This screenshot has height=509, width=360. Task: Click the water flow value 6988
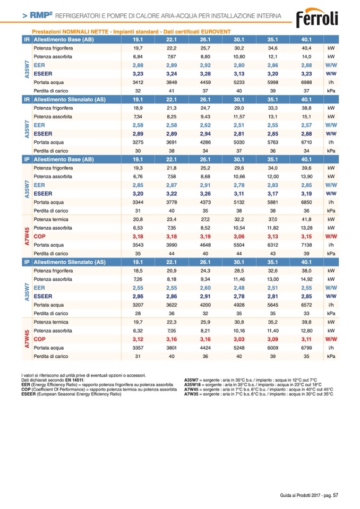[307, 83]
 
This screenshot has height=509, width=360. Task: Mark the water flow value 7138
[307, 245]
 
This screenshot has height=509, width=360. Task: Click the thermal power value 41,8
[307, 219]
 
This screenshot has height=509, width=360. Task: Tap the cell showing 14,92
[307, 279]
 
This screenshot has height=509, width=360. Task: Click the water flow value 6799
[307, 348]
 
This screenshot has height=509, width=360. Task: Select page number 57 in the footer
[336, 496]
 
